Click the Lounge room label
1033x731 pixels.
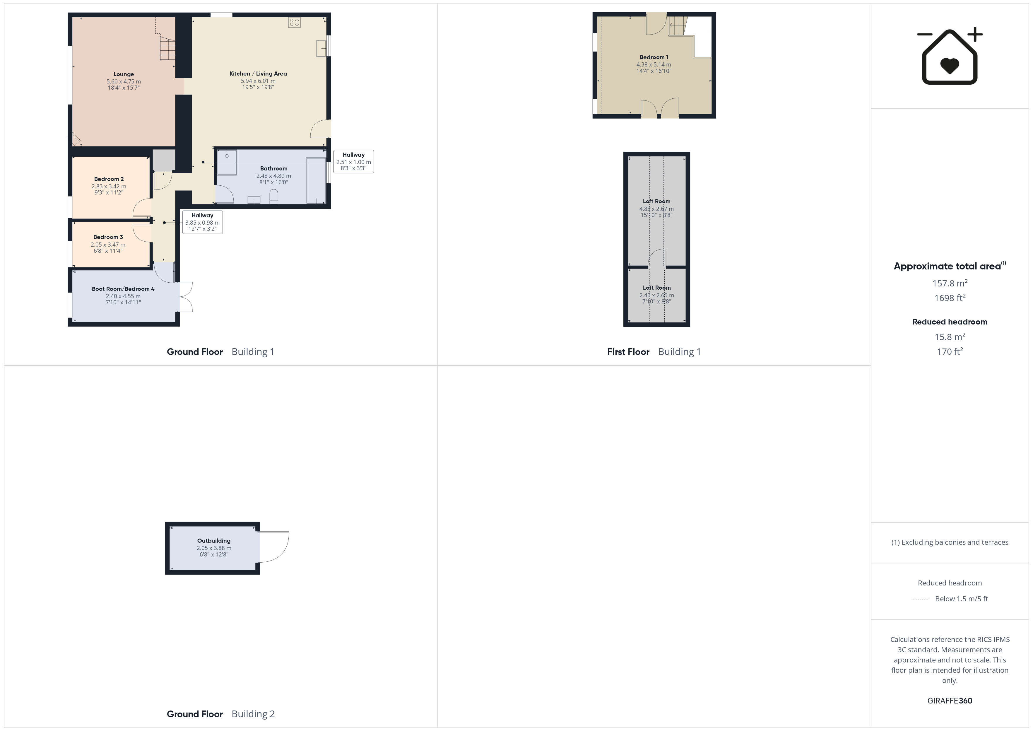(124, 74)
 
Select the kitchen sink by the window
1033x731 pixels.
(321, 48)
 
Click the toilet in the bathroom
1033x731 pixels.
(273, 197)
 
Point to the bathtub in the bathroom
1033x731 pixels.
(316, 180)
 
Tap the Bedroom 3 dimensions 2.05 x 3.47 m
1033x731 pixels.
(108, 245)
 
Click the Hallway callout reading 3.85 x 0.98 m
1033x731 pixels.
(202, 222)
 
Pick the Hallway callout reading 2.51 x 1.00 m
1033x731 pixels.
(354, 162)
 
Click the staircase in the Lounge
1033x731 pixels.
(167, 49)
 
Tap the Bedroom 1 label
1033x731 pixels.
(654, 57)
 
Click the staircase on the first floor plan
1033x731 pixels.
(678, 26)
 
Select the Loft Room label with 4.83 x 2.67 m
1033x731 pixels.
(656, 201)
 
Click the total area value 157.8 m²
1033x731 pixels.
(950, 283)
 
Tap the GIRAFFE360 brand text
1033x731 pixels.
(950, 701)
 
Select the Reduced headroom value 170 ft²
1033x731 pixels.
(950, 351)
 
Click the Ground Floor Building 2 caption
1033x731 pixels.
(220, 714)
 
